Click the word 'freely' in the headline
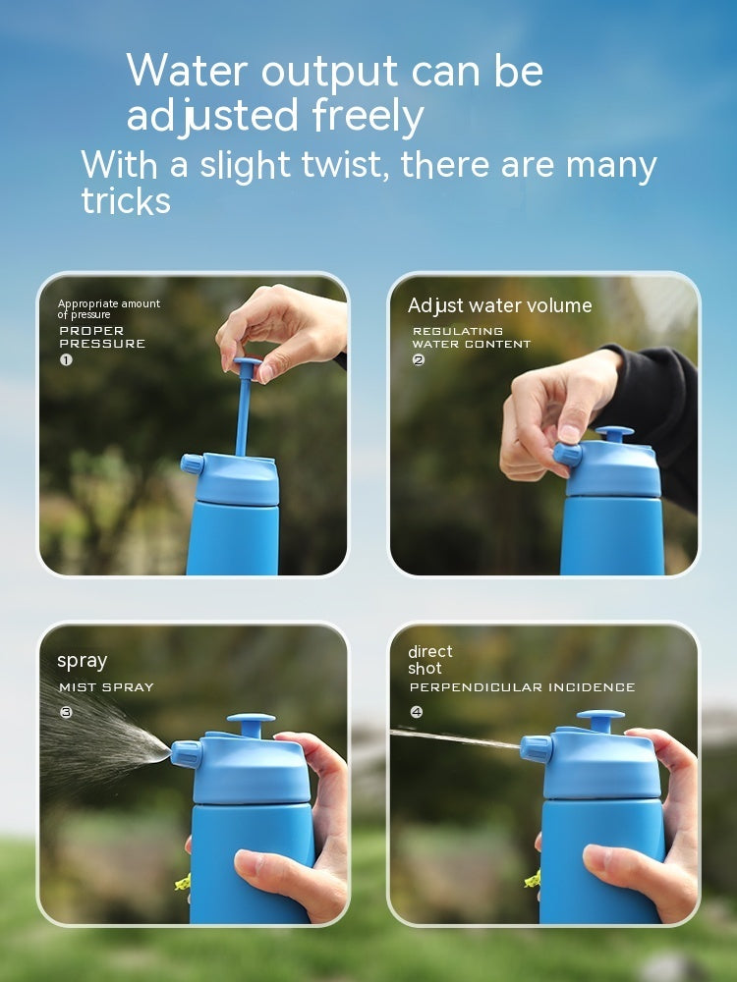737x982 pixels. point(368,117)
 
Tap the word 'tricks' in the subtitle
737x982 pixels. point(126,200)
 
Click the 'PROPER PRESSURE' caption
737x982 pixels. point(101,337)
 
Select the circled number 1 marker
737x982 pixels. point(66,359)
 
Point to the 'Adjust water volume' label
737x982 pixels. point(499,305)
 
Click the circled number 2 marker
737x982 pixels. point(419,360)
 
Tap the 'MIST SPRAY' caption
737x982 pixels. point(106,687)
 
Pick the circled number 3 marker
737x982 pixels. point(66,712)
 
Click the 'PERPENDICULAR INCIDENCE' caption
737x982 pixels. point(522,687)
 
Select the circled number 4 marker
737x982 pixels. point(417,712)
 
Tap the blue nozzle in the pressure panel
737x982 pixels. point(193,464)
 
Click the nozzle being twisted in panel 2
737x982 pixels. point(567,454)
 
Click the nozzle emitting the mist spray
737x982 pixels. point(187,754)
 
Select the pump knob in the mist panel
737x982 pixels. point(251,724)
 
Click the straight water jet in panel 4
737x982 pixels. point(452,736)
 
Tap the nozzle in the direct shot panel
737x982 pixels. point(536,749)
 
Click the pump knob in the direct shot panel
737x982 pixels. point(599,720)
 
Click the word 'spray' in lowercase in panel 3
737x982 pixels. point(82,661)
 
